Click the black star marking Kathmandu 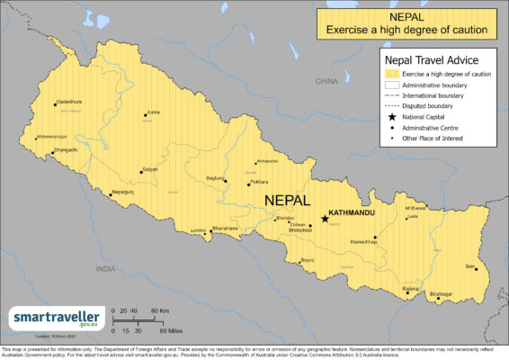(325, 218)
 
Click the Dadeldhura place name (69, 102)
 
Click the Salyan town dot (141, 170)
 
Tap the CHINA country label (325, 81)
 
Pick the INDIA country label (106, 268)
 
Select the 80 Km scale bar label (156, 311)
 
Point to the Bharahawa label (225, 229)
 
